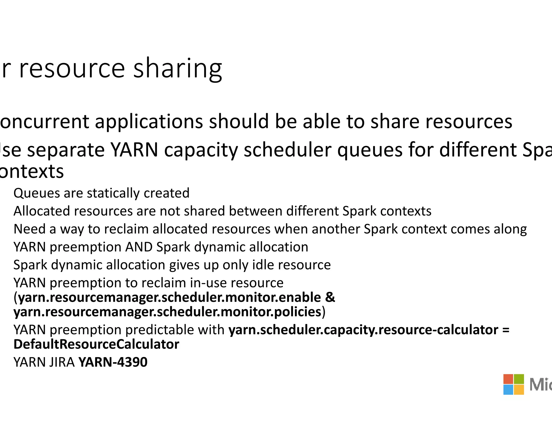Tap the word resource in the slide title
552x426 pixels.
coord(72,69)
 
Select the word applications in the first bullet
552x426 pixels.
coord(149,121)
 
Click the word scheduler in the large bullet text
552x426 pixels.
coord(287,150)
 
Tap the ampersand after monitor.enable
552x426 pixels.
coord(330,297)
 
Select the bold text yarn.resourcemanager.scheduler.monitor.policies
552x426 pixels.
coord(167,312)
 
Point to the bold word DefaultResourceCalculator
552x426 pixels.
coord(96,344)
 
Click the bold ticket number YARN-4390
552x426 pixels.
coord(113,362)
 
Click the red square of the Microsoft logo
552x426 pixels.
coord(508,379)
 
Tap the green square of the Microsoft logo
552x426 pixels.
coord(519,379)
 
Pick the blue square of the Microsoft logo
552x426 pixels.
coord(508,390)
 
